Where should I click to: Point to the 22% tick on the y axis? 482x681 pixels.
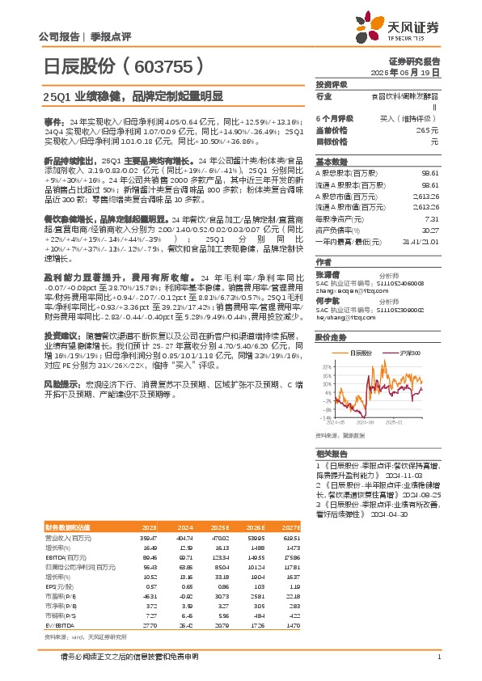[x=326, y=366]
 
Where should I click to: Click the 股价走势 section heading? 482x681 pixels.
[x=332, y=338]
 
